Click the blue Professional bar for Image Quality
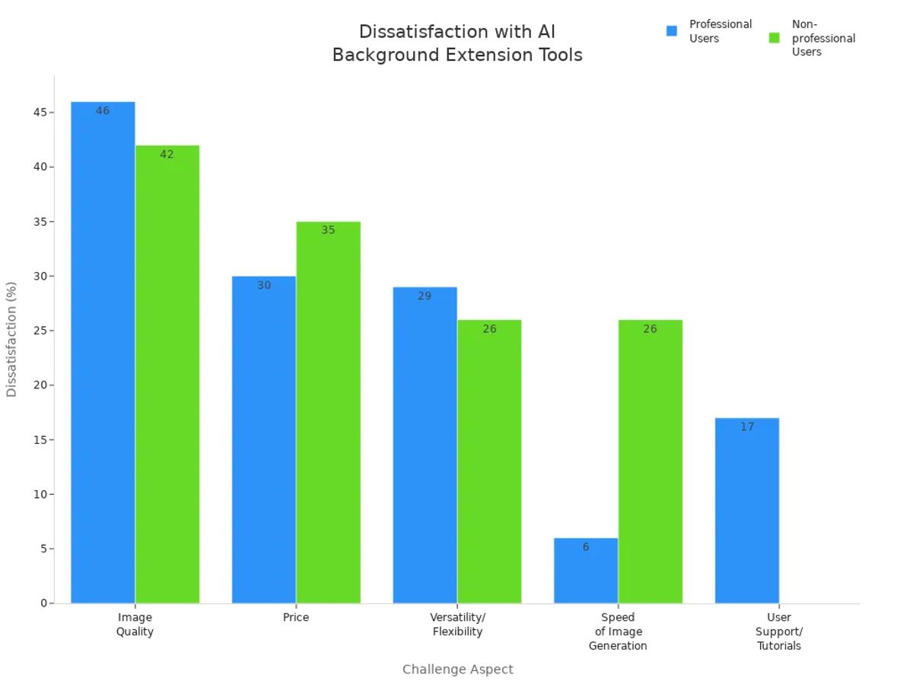[x=103, y=353]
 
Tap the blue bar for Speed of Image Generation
[x=586, y=571]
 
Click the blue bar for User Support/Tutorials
[x=746, y=511]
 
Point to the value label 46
[x=103, y=111]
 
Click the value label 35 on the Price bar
[x=328, y=230]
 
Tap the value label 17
[x=746, y=427]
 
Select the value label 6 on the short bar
[x=586, y=547]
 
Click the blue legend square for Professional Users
[x=672, y=31]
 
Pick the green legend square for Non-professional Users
[x=775, y=38]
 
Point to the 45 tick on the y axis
[x=40, y=112]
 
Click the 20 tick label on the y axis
[x=40, y=385]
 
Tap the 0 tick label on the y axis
[x=44, y=603]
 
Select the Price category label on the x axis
[x=296, y=618]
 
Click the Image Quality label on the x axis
[x=135, y=625]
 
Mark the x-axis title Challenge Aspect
[x=457, y=670]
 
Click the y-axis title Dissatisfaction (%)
[x=11, y=339]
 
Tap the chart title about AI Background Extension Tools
[x=457, y=43]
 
